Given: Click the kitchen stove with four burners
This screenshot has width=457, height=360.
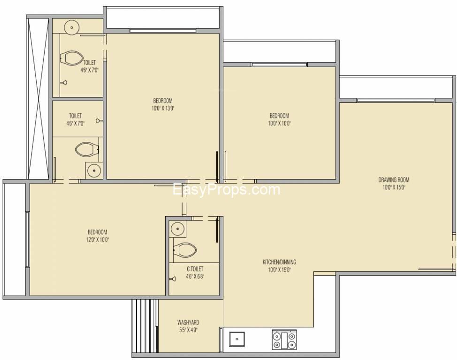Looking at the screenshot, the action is pyautogui.click(x=284, y=340).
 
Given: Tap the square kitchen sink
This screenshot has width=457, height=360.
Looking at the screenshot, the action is pyautogui.click(x=236, y=339).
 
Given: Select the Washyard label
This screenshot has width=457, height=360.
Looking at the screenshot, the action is pyautogui.click(x=188, y=322).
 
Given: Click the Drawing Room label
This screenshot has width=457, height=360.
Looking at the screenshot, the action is pyautogui.click(x=394, y=180).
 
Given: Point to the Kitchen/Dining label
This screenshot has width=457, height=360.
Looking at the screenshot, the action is pyautogui.click(x=279, y=262).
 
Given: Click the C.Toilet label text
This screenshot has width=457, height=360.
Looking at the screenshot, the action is pyautogui.click(x=195, y=269).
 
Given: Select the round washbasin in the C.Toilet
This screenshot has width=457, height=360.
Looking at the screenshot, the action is pyautogui.click(x=177, y=229).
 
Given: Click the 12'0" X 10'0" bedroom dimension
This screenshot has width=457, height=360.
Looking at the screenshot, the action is pyautogui.click(x=98, y=240).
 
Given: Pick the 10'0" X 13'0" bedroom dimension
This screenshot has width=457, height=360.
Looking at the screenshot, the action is pyautogui.click(x=163, y=109).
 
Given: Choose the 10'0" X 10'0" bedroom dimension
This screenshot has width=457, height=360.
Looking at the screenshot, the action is pyautogui.click(x=279, y=123).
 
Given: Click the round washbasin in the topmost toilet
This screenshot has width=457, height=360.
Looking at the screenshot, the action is pyautogui.click(x=72, y=28).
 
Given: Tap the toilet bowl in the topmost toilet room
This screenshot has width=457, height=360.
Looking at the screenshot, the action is pyautogui.click(x=72, y=58).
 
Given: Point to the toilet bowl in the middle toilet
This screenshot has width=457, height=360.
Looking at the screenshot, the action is pyautogui.click(x=87, y=150).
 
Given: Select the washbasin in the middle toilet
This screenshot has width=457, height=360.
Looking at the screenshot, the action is pyautogui.click(x=94, y=170).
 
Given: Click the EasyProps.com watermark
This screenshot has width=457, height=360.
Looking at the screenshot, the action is pyautogui.click(x=227, y=190).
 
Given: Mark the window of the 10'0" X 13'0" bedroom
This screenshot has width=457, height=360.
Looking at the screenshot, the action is pyautogui.click(x=163, y=31).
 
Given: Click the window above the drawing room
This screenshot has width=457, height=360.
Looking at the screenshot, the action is pyautogui.click(x=396, y=100).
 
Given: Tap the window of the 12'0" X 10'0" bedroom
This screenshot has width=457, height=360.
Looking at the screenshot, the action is pyautogui.click(x=27, y=240).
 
